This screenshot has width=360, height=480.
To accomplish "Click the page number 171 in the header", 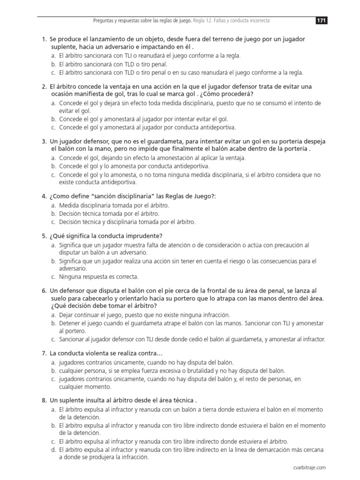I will pos(321,21).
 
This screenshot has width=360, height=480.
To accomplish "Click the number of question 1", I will pos(44,39).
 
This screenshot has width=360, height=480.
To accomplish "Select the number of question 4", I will pos(44,197).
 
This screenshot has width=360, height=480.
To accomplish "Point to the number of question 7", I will pos(44,353).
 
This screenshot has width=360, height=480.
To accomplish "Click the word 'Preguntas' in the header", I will pos(105,21).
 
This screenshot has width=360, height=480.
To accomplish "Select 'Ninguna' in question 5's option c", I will pos(70,277).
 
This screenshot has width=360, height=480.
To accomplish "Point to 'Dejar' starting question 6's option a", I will pos(66,315).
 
